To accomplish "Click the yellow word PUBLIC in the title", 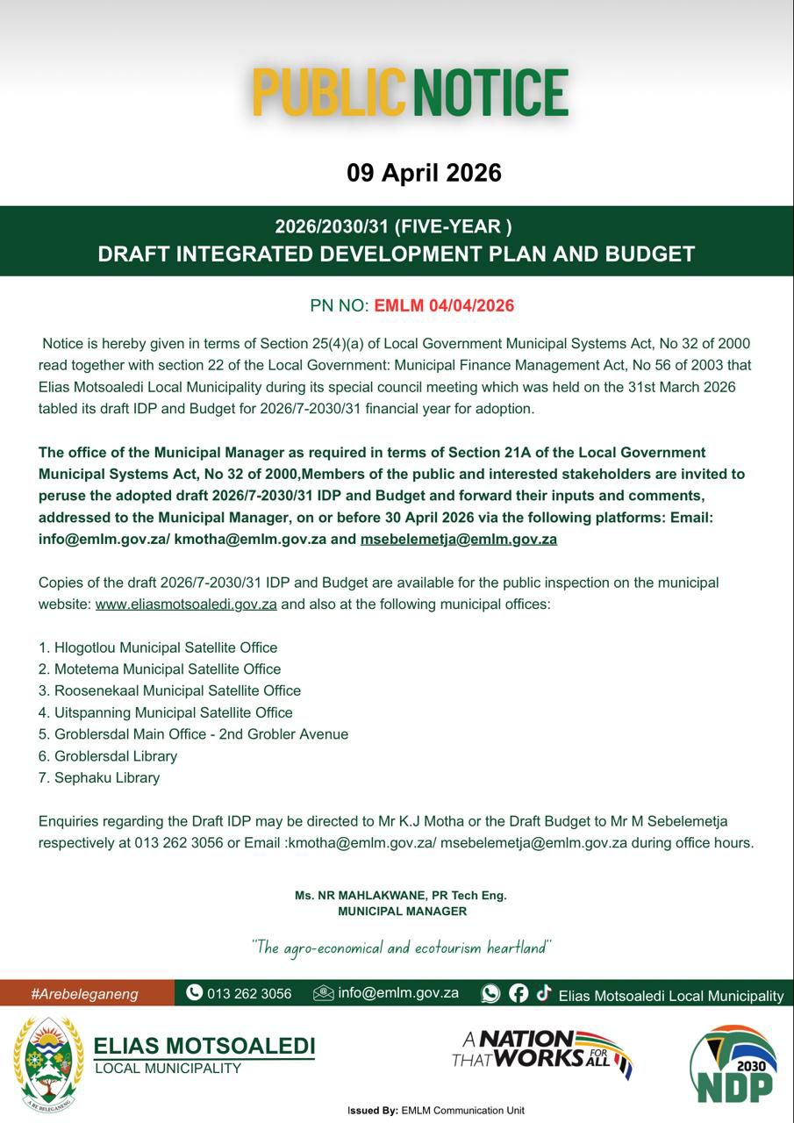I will click(x=329, y=93).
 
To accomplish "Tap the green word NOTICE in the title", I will click(x=490, y=93).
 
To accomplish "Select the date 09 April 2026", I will click(x=424, y=173).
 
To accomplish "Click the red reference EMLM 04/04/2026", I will click(x=444, y=306).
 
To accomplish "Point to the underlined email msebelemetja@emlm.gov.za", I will click(x=458, y=540).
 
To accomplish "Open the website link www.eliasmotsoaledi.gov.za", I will click(x=186, y=604).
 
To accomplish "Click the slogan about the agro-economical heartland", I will click(x=401, y=948).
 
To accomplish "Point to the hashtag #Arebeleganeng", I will click(x=84, y=994).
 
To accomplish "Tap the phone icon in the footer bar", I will click(x=195, y=993).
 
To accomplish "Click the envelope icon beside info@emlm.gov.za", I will click(x=323, y=993).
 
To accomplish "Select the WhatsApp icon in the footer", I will click(x=490, y=993).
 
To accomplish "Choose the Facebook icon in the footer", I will click(x=519, y=993).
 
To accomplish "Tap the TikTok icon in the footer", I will click(x=544, y=992).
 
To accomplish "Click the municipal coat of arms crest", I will click(x=48, y=1064).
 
